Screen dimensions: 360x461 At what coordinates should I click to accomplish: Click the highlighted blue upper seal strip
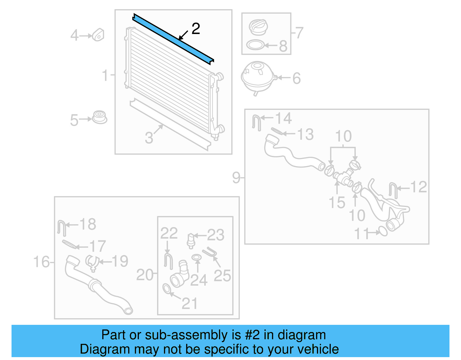point(173,39)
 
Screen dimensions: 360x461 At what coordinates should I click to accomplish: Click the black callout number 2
point(196,29)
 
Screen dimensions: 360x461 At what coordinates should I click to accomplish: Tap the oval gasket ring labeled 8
point(255,45)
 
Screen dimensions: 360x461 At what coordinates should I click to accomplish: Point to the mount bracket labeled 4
point(98,35)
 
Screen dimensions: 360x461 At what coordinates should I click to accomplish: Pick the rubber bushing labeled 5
point(100,117)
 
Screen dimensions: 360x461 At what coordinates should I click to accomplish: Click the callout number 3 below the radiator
point(149,138)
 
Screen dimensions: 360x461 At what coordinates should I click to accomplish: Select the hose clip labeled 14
point(256,122)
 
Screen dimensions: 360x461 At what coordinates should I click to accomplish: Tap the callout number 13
point(305,134)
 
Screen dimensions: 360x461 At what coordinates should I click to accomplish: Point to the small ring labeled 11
point(383,231)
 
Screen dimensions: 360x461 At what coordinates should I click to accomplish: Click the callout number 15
point(337,202)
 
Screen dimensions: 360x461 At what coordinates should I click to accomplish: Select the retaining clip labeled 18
point(62,228)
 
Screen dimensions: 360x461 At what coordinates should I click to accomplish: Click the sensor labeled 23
point(191,240)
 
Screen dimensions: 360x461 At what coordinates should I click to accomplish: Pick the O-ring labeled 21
point(167,289)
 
